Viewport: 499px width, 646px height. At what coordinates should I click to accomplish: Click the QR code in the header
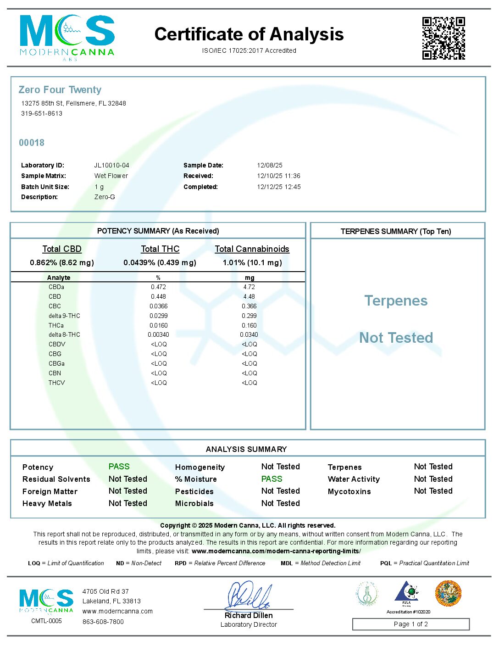coord(443,38)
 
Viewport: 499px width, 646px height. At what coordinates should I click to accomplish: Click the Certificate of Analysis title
coord(249,34)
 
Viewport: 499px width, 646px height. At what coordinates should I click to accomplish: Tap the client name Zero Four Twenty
coord(60,90)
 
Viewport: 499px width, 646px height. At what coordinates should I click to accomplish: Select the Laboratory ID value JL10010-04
coord(111,165)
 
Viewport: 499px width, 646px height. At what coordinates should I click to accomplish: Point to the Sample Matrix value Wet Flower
coord(111,176)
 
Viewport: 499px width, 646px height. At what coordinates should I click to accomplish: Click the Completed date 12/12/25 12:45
coord(279,187)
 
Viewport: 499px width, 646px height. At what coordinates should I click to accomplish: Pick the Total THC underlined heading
coord(160,249)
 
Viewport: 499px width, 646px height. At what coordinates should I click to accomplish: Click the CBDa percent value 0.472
coord(158,287)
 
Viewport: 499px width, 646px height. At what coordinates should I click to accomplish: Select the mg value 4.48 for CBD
coord(249,297)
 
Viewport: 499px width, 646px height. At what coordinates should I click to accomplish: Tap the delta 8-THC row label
coord(64,335)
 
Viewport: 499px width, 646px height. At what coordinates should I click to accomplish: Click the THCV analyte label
coord(57,383)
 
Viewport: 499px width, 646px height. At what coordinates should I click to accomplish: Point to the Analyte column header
coord(59,278)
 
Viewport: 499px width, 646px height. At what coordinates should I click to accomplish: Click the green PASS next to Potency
coord(119,467)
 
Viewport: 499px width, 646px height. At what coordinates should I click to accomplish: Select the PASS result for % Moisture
coord(272,479)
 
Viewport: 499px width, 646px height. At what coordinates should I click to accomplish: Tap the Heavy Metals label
coord(47,504)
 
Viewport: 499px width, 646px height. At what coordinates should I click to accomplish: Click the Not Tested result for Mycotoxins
coord(433,491)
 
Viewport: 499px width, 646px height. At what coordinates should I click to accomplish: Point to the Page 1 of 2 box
coord(410,624)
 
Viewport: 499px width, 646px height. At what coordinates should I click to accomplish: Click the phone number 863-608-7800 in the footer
coord(103,622)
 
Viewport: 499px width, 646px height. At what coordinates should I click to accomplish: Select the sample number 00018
coord(32,143)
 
